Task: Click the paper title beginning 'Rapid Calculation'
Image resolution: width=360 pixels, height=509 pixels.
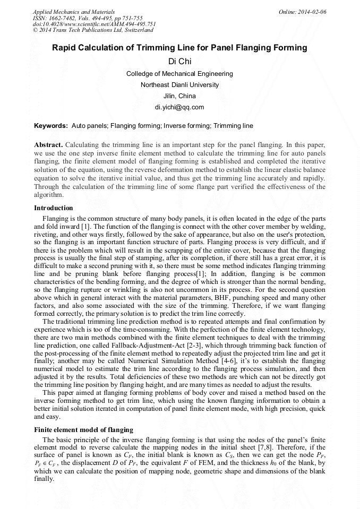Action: [179, 48]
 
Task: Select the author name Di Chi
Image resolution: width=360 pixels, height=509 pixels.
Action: [179, 62]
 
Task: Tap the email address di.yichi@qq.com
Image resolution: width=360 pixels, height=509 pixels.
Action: [179, 107]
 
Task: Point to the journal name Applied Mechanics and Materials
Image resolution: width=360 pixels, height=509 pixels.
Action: [74, 11]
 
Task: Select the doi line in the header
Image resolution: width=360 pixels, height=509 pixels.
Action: [94, 24]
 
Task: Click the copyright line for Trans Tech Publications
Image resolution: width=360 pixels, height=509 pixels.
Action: [93, 30]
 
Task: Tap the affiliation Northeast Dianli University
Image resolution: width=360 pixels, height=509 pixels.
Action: [179, 85]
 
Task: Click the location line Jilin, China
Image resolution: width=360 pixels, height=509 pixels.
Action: [179, 96]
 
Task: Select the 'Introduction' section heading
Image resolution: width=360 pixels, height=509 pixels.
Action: [53, 208]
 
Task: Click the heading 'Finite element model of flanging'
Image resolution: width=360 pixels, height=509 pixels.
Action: [83, 429]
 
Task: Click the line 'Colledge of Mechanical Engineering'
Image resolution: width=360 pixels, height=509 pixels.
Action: [179, 74]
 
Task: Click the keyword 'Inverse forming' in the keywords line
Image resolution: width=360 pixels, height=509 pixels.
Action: [187, 126]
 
